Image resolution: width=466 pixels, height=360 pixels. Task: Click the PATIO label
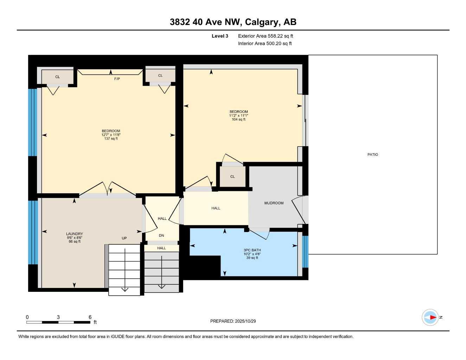[x=372, y=155]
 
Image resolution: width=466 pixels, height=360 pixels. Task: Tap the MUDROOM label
[x=274, y=203]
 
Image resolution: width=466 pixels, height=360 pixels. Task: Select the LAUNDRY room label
[x=75, y=234]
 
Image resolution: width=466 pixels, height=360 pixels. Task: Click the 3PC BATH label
[x=252, y=250]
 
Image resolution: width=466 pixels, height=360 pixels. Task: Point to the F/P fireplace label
[x=117, y=79]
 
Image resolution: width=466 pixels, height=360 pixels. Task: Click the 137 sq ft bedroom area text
[x=111, y=139]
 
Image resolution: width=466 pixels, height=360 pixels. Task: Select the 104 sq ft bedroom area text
[x=238, y=120]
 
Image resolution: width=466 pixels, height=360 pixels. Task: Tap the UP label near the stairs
[x=124, y=238]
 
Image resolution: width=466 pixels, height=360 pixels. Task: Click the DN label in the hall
[x=161, y=236]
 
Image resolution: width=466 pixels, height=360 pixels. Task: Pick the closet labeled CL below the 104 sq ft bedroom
[x=232, y=177]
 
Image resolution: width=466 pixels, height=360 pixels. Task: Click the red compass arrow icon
[x=432, y=317]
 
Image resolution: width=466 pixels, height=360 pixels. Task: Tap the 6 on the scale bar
[x=90, y=317]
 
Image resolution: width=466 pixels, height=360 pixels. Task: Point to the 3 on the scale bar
[x=58, y=317]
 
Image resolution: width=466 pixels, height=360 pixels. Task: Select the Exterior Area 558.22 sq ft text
[x=266, y=36]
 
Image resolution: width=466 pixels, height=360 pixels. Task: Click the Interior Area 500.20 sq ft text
[x=265, y=44]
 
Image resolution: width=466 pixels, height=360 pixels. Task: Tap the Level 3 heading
[x=220, y=36]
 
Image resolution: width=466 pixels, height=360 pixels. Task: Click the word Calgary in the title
[x=261, y=22]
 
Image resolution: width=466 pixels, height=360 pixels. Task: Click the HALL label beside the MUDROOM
[x=216, y=208]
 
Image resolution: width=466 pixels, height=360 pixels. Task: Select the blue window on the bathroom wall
[x=305, y=252]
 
